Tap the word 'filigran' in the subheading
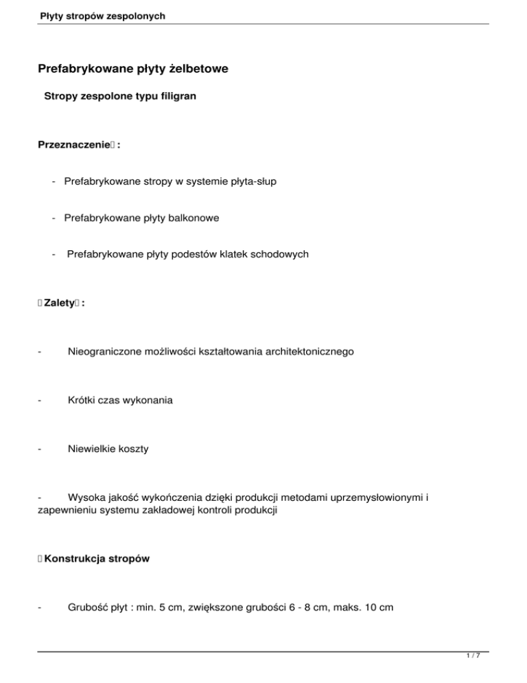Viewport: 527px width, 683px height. click(177, 97)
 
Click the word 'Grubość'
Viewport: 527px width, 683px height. click(86, 609)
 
